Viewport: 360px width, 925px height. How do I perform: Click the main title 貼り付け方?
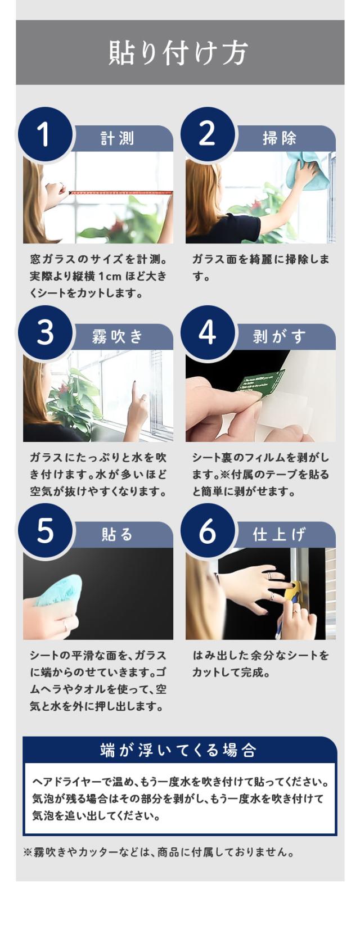[x=178, y=53]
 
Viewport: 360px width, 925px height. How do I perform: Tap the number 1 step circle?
[x=44, y=134]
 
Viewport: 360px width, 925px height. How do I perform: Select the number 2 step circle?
[x=207, y=134]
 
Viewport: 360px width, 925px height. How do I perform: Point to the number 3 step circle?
[x=44, y=333]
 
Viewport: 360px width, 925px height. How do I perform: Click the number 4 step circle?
[x=207, y=333]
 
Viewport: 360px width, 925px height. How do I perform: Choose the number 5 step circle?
[x=44, y=531]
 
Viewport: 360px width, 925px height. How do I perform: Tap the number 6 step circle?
[x=207, y=531]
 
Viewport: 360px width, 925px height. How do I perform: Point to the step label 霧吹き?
[x=118, y=337]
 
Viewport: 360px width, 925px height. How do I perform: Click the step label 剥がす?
[x=280, y=337]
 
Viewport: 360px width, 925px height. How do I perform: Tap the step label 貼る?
[x=118, y=535]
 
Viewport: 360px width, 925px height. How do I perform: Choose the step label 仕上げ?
[x=280, y=535]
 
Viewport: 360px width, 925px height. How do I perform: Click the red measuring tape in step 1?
[x=120, y=192]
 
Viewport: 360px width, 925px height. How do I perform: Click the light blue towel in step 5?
[x=58, y=590]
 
